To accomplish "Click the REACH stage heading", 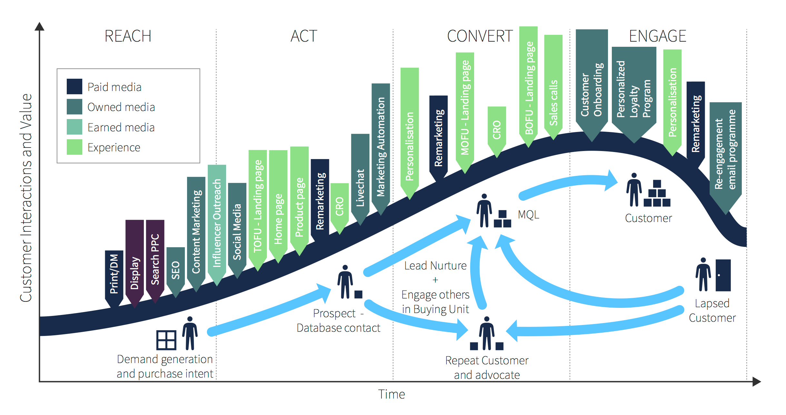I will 128,36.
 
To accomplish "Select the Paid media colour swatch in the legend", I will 74,86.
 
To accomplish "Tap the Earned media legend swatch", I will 74,127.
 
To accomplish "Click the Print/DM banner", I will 114,274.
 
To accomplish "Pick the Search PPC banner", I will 155,258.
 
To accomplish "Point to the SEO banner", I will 175,270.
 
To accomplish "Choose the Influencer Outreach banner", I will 217,223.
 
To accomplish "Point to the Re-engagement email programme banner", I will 725,152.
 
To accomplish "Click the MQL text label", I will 528,215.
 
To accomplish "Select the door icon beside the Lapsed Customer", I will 723,275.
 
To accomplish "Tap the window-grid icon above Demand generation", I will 166,340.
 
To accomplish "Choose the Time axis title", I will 391,394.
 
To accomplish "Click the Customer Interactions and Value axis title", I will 26,197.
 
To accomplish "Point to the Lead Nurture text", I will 435,266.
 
